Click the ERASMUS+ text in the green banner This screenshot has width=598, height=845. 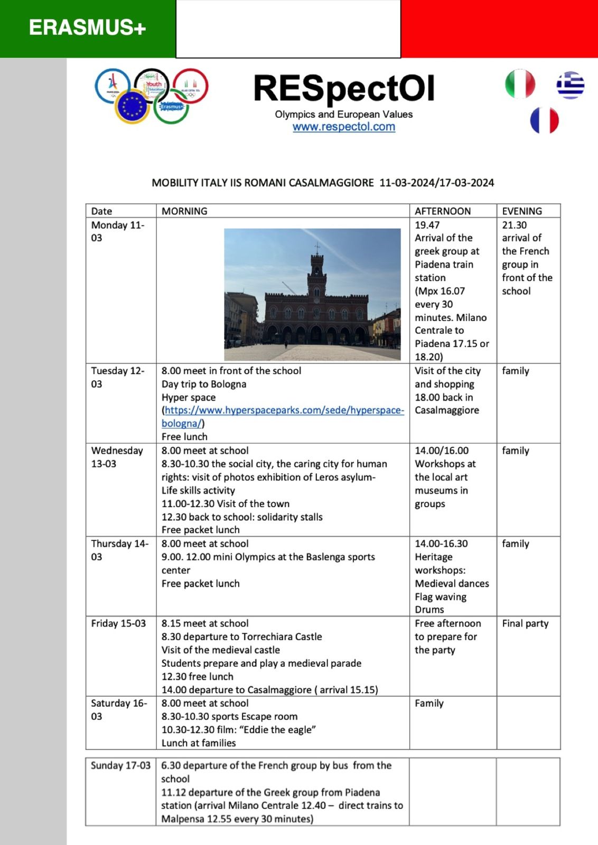click(87, 27)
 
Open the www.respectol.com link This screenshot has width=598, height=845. click(344, 127)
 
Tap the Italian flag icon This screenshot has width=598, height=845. click(520, 84)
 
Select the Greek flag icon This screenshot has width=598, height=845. click(570, 85)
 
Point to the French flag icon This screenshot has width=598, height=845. click(544, 120)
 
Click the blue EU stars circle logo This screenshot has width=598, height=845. click(132, 107)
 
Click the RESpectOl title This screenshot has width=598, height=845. click(344, 88)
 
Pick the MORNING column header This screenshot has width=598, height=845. click(184, 211)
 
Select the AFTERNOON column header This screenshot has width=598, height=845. click(443, 211)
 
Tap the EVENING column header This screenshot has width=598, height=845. click(522, 211)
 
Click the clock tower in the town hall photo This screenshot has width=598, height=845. click(316, 272)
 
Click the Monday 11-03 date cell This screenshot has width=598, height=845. click(117, 231)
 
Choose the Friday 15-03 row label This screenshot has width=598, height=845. click(118, 624)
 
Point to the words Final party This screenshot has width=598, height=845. click(525, 624)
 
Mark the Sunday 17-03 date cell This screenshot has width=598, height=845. click(120, 766)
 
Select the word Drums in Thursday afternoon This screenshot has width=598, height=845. click(429, 610)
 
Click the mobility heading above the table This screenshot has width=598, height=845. click(323, 183)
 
